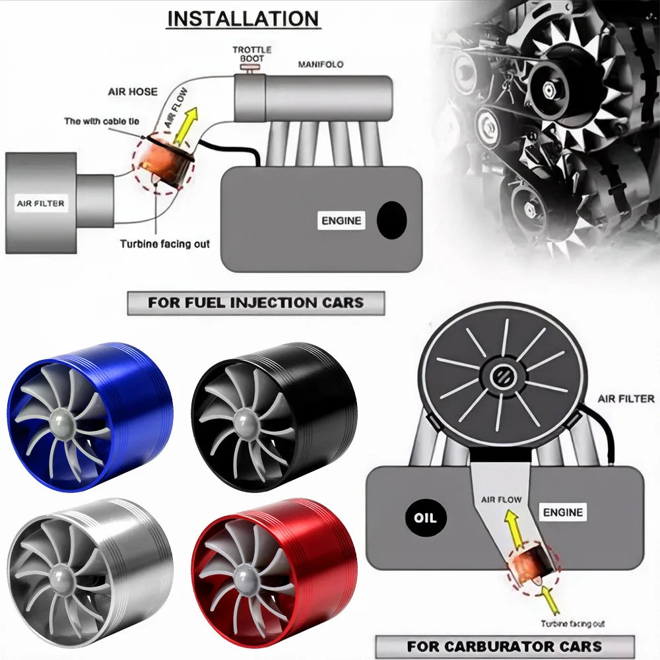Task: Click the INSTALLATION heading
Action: pyautogui.click(x=243, y=18)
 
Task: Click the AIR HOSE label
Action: pyautogui.click(x=133, y=92)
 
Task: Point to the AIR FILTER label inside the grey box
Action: pyautogui.click(x=40, y=203)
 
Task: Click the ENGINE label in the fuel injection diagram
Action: pyautogui.click(x=341, y=220)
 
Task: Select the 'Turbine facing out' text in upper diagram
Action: pyautogui.click(x=164, y=244)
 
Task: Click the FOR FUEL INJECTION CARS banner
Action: pyautogui.click(x=255, y=303)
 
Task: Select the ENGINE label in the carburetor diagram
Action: pyautogui.click(x=562, y=512)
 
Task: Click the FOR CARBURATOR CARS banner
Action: pyautogui.click(x=504, y=646)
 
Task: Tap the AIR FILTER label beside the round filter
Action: pyautogui.click(x=626, y=399)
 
